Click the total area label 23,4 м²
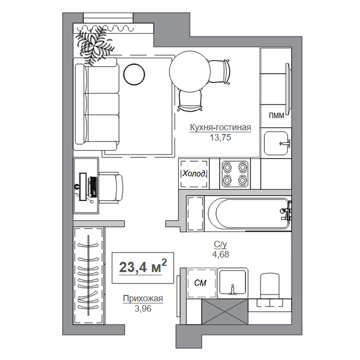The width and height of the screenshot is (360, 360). coord(143,266)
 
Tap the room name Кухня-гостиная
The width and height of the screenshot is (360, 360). coord(220,127)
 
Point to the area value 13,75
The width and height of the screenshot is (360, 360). coord(220,137)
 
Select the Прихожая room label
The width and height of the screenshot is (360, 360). coord(143,299)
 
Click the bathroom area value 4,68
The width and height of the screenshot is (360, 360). coord(220,254)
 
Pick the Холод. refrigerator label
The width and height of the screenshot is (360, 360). coord(194,174)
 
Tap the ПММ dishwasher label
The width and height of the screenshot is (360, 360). coord(276,116)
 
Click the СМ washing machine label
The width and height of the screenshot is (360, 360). coord(200,283)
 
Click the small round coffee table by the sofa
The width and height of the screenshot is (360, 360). coord(134,74)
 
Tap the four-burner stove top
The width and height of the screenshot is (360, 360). coord(235,174)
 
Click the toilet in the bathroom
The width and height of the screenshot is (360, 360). coord(270,286)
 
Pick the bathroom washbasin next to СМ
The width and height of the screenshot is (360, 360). coord(233,283)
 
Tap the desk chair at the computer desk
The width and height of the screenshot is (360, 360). coord(111,188)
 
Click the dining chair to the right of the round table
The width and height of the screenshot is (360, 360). coord(219,71)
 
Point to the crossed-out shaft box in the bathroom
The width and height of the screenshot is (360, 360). coord(225,312)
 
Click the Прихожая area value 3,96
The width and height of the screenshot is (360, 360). coord(143,308)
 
